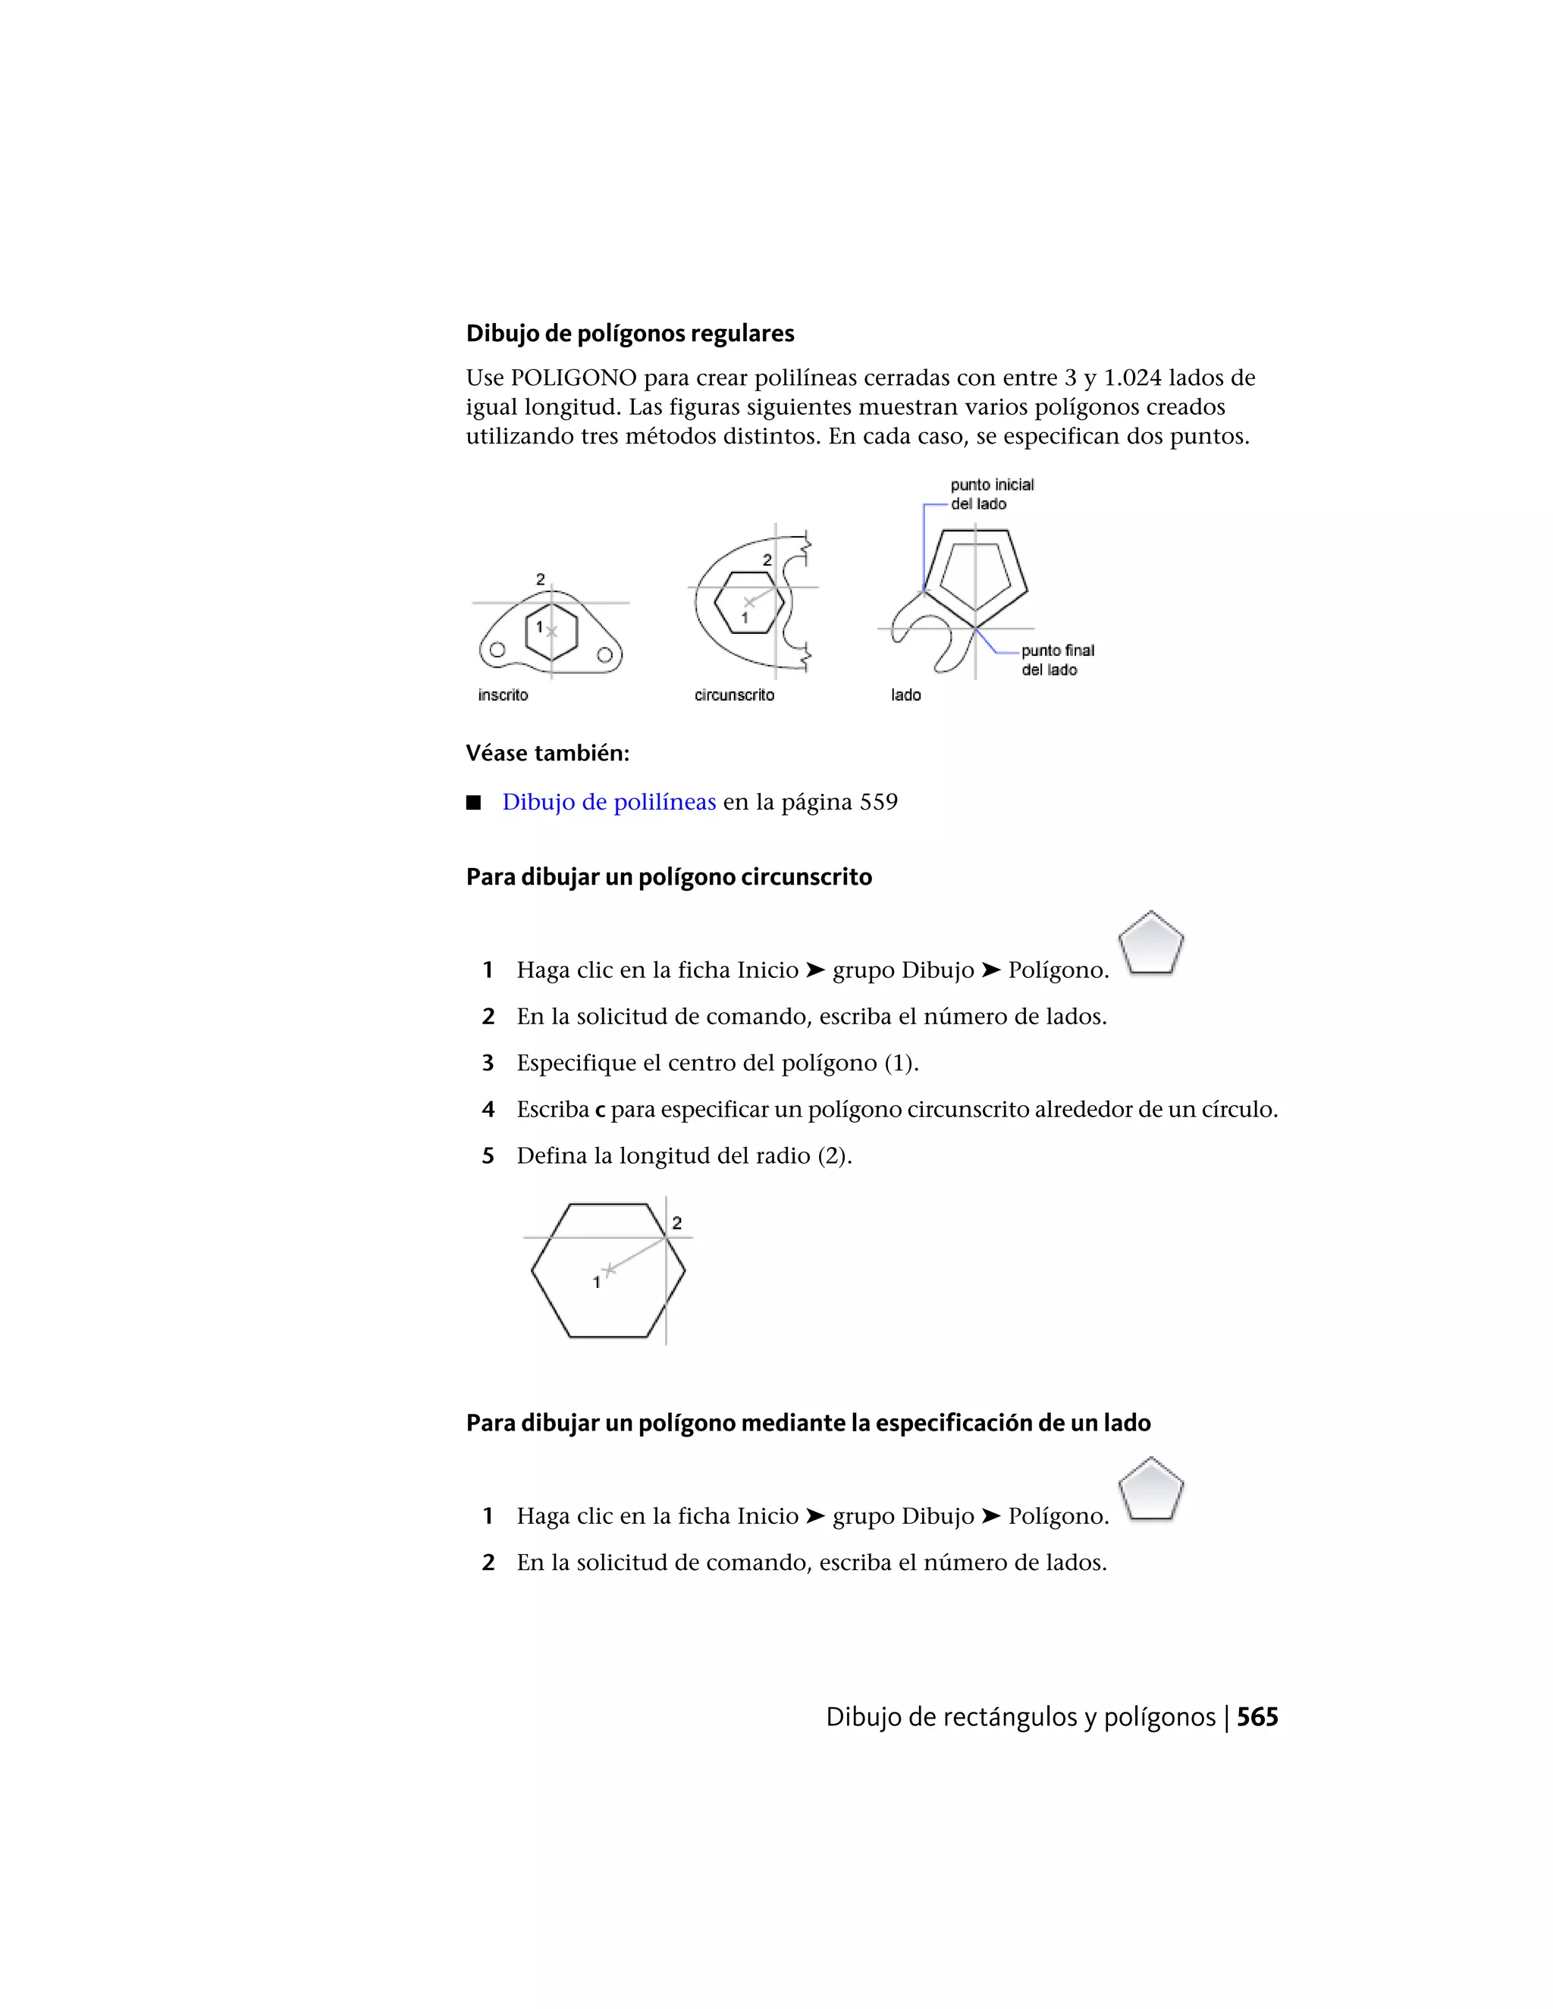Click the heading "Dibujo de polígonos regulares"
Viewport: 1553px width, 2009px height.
click(629, 333)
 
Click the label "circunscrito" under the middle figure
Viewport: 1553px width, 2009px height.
click(734, 694)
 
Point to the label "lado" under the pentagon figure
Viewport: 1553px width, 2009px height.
click(905, 694)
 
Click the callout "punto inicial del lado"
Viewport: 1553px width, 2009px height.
click(991, 494)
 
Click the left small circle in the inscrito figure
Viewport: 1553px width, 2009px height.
click(497, 650)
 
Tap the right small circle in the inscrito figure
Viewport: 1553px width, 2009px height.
click(604, 655)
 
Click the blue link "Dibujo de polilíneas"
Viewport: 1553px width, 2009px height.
click(608, 802)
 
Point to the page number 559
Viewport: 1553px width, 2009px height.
click(879, 802)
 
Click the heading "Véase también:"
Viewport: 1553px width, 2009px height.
click(547, 754)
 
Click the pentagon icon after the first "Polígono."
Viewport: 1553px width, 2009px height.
click(1150, 944)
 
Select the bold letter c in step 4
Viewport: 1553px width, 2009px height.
click(600, 1111)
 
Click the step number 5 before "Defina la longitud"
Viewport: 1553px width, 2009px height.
click(488, 1156)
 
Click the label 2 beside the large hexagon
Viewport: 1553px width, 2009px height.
click(677, 1223)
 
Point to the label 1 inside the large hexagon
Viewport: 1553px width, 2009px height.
click(596, 1281)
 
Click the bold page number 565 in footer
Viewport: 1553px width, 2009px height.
click(1257, 1716)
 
